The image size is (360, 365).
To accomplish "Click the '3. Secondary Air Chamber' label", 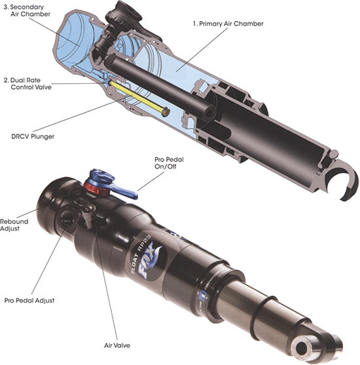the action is point(27,10).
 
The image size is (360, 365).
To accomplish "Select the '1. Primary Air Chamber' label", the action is point(228,24).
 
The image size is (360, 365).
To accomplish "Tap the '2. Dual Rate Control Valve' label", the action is point(27,84).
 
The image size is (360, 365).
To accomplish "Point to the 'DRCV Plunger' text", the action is point(33,136).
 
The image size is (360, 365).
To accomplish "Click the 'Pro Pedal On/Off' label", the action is point(169,163).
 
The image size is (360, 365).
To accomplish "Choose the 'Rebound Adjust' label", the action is point(14,225).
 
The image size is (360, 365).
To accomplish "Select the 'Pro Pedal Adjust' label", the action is point(29,301).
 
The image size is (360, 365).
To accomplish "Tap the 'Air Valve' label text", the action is point(117,345).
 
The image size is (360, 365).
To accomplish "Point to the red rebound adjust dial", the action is point(96,189).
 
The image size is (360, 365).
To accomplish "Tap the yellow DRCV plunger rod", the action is point(139,98).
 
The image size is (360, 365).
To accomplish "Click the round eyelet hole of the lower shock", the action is point(302,348).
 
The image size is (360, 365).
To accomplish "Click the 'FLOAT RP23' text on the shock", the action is point(141,254).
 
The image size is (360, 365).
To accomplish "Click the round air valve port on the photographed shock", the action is point(67,218).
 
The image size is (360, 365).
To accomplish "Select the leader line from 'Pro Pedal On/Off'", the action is point(151,182).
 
